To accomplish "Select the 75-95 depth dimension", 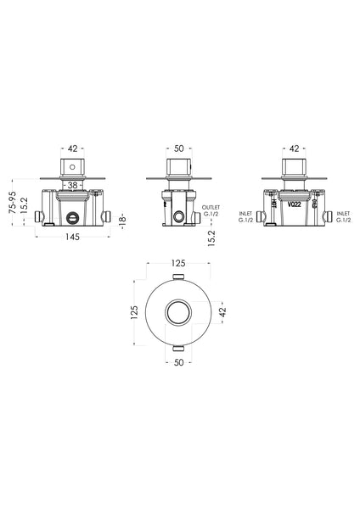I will tap(11, 199).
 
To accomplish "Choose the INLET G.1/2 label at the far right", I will tap(344, 217).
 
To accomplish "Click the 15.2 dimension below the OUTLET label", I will tap(209, 240).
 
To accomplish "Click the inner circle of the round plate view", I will tap(178, 311).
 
